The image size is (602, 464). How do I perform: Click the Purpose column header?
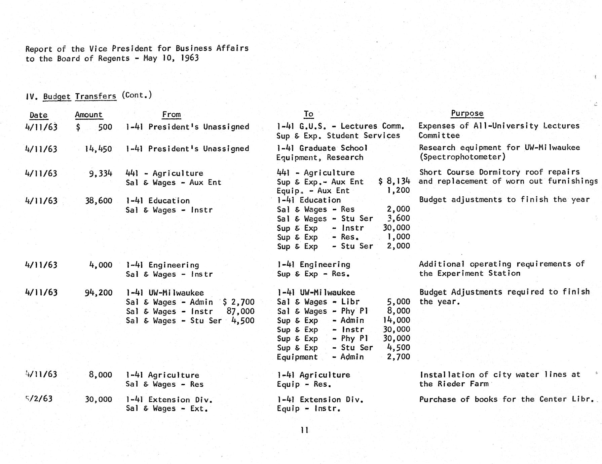(x=467, y=113)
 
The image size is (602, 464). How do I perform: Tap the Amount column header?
(x=88, y=115)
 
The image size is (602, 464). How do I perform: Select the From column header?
(x=171, y=115)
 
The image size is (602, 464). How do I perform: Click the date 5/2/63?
(x=39, y=399)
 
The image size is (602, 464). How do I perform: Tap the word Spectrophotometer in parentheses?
(x=462, y=157)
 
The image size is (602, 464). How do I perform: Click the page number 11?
(x=304, y=430)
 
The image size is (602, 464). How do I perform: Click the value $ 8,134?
(x=394, y=182)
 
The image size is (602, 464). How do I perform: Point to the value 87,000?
(x=240, y=311)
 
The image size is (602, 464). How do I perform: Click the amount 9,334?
(x=100, y=173)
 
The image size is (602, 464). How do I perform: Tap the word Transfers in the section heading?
(x=96, y=96)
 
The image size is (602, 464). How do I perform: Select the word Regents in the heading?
(x=114, y=58)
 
